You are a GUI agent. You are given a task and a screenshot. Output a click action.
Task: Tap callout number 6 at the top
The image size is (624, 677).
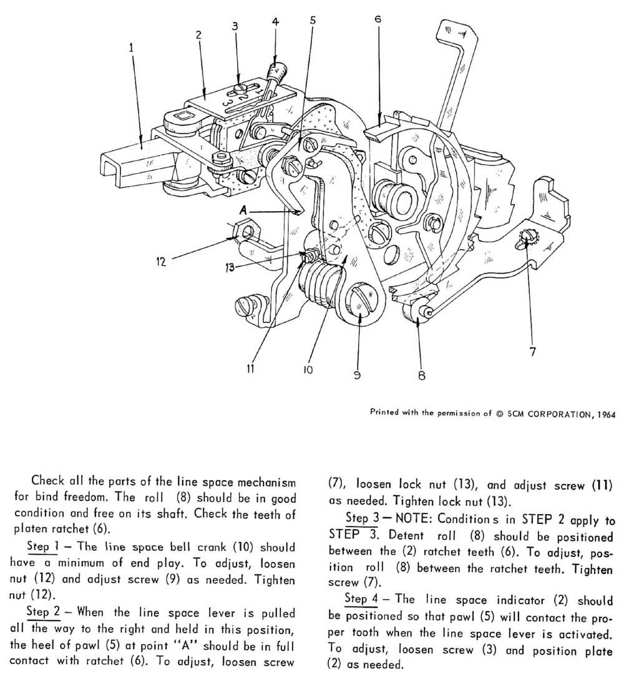click(x=378, y=19)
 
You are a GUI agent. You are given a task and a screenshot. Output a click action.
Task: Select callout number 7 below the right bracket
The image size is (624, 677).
click(x=532, y=352)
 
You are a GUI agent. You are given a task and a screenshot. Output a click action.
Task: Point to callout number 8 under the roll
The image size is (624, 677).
click(x=421, y=376)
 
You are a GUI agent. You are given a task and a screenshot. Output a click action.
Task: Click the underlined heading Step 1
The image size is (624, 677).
click(x=39, y=546)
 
